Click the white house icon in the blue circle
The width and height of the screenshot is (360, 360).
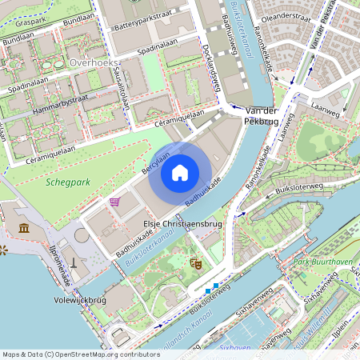tap(180, 172)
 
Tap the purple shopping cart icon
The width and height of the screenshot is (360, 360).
tap(115, 202)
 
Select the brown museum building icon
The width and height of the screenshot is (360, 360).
tap(24, 228)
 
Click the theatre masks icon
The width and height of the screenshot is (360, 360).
tap(194, 262)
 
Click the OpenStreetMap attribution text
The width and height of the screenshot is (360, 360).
tap(81, 354)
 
